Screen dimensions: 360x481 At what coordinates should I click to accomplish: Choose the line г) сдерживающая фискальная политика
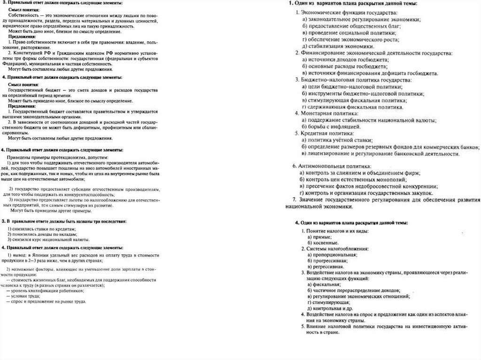[353, 107]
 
